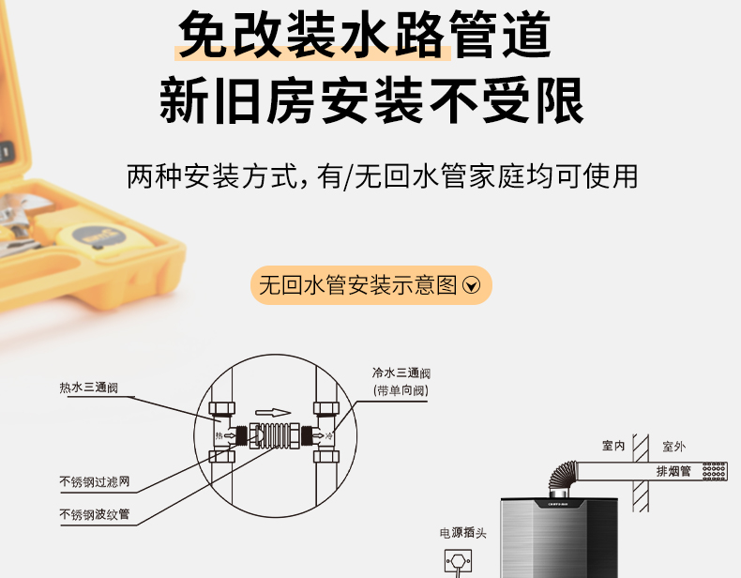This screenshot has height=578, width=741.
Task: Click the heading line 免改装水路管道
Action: (364, 35)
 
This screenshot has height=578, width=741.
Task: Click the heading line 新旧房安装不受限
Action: (371, 100)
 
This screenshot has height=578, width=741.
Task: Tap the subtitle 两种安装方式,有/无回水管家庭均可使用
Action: (383, 176)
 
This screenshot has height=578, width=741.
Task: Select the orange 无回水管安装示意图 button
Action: (371, 285)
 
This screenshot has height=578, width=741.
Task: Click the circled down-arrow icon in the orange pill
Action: (471, 285)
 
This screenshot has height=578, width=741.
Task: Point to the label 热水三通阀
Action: (89, 388)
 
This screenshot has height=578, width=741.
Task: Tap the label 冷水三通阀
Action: (401, 373)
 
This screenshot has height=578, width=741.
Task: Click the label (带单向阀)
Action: (401, 391)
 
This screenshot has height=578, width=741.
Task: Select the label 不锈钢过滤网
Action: (95, 482)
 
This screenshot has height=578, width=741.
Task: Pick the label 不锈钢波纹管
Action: (95, 514)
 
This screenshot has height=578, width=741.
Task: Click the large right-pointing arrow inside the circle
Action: (273, 413)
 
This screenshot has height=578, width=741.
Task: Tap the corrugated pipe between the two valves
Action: (275, 435)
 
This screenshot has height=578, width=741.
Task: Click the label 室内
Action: (613, 446)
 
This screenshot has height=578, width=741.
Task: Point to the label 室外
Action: (673, 447)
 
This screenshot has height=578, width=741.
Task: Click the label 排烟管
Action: (673, 471)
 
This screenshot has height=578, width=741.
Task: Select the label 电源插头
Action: (463, 533)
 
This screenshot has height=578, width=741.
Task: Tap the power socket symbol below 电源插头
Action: (458, 561)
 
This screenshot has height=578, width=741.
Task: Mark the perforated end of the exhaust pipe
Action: (714, 471)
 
